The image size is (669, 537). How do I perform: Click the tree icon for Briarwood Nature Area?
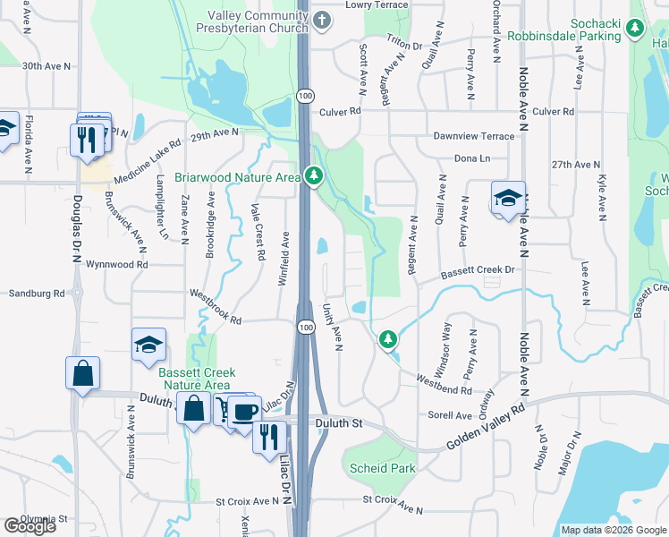(313, 177)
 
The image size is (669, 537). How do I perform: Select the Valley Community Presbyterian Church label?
(258, 23)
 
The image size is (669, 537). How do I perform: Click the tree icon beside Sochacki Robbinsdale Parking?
(635, 29)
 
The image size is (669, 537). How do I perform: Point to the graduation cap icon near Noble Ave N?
(508, 199)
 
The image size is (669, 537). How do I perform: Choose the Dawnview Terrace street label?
(474, 136)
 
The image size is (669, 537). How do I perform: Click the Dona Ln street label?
(473, 158)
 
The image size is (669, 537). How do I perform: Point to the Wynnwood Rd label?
(116, 265)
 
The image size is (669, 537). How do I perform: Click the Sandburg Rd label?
(37, 293)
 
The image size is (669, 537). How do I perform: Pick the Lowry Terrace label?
(377, 5)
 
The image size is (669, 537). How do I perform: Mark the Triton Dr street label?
(404, 45)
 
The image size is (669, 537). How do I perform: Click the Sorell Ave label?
(449, 415)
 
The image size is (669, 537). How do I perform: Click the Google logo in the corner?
(30, 525)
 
